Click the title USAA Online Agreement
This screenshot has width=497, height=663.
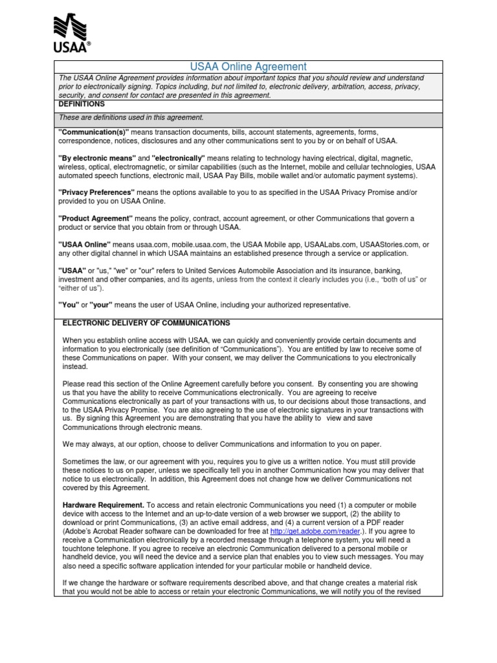point(248,67)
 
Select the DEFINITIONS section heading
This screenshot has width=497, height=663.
point(82,104)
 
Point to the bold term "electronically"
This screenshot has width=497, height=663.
point(178,158)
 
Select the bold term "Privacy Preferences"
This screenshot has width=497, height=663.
point(96,193)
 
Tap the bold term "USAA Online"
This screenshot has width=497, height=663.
point(85,244)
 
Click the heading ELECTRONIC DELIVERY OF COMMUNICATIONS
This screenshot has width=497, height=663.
point(146,323)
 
